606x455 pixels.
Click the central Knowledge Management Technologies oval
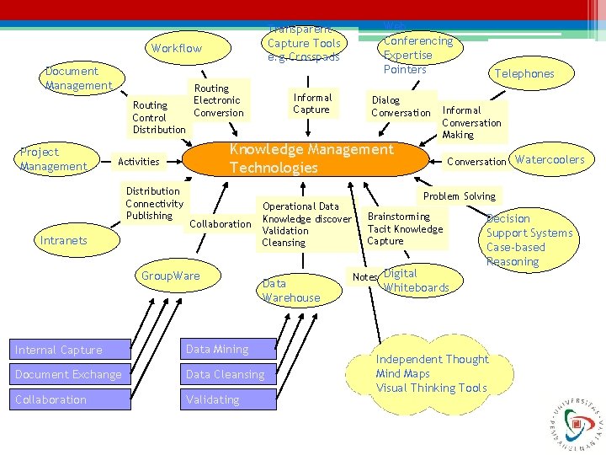click(311, 158)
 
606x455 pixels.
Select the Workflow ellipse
click(177, 49)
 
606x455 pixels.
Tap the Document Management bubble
click(78, 78)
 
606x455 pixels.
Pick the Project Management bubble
click(53, 159)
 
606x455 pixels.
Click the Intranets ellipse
click(64, 241)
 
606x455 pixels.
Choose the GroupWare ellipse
click(171, 276)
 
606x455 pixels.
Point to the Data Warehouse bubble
click(290, 291)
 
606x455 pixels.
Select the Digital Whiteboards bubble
click(416, 281)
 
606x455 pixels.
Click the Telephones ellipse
click(524, 74)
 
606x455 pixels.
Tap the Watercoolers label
click(549, 160)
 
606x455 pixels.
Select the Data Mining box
click(228, 350)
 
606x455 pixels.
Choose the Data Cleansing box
click(228, 374)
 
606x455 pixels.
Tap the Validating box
click(228, 399)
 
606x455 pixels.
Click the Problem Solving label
click(459, 196)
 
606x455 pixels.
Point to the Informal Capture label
click(311, 103)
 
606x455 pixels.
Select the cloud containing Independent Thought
click(432, 373)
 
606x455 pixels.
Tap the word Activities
click(140, 162)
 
